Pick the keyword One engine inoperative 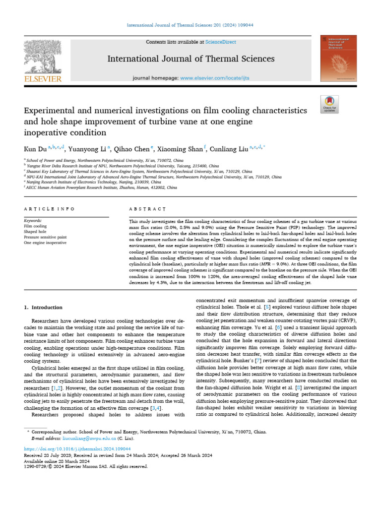[x=45, y=243]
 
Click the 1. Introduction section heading [x=44, y=308]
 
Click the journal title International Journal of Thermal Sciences [x=191, y=59]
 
